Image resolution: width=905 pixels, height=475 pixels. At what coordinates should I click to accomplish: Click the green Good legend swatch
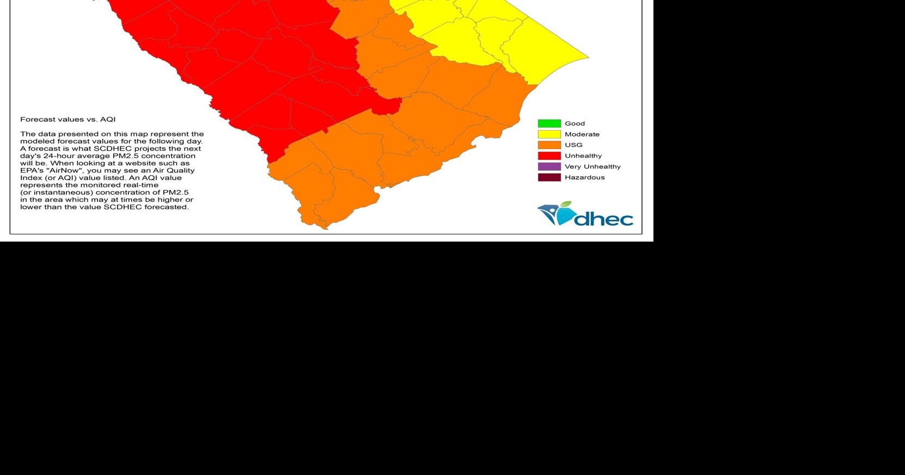549,124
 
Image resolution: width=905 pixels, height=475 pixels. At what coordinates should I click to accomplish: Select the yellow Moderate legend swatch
549,134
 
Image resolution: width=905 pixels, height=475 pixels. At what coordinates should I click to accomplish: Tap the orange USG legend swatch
549,145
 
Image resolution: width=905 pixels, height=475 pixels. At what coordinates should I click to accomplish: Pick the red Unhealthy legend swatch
549,156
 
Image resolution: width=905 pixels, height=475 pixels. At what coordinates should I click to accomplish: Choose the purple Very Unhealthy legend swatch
549,166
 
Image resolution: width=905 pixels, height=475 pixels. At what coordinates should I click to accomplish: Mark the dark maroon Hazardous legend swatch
549,177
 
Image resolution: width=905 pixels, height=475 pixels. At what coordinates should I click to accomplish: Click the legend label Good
574,124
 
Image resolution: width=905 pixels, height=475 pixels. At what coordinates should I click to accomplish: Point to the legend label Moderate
582,134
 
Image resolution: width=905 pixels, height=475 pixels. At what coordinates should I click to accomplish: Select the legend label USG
573,145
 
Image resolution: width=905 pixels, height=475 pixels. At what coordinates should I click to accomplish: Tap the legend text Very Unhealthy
592,166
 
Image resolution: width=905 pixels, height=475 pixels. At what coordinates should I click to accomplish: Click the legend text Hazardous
584,177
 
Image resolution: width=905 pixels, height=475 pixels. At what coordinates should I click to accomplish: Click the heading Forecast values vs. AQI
68,120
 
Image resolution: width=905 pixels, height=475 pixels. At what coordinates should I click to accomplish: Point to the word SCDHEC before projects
112,149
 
